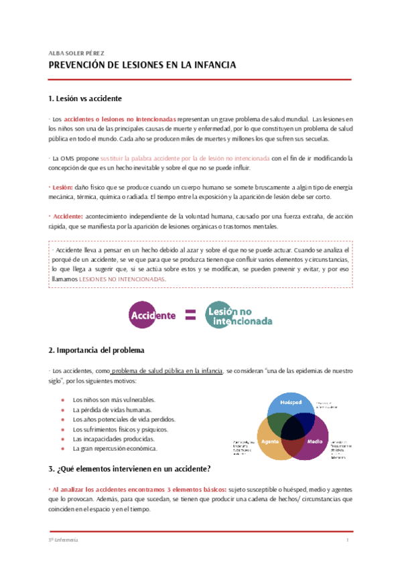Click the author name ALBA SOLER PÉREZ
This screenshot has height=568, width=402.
coord(76,52)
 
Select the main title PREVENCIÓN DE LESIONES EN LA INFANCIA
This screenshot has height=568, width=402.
coord(142,66)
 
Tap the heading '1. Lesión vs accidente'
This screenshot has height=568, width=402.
coord(85,98)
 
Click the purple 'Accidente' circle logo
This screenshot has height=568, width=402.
coord(153,314)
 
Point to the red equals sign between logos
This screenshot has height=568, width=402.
coord(190,314)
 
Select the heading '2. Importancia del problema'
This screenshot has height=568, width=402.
coord(96,350)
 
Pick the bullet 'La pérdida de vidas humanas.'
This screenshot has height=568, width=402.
coord(112,409)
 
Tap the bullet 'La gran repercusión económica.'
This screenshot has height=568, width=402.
coord(115,448)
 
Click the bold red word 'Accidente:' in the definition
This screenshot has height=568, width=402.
coord(68,217)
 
